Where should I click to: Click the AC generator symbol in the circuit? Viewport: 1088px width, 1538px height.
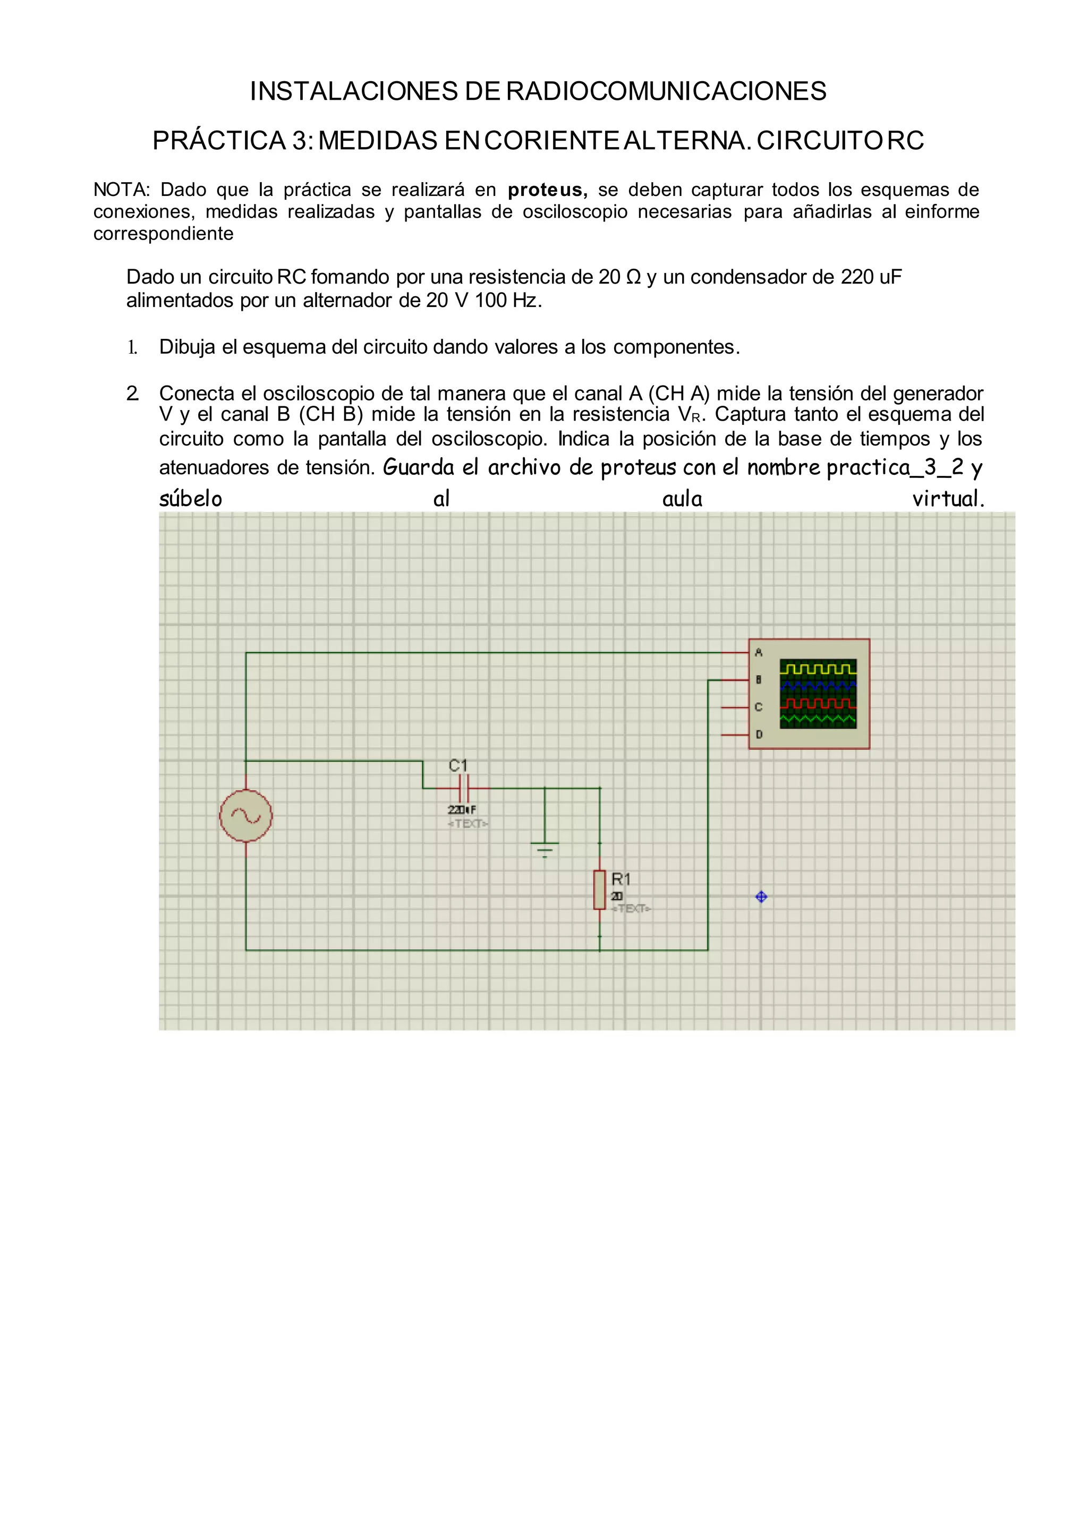click(x=246, y=815)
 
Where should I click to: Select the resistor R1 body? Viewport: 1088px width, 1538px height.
click(x=600, y=890)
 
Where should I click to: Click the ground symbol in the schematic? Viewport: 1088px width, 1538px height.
click(x=545, y=849)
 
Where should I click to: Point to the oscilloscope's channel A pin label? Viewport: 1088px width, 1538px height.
click(x=759, y=652)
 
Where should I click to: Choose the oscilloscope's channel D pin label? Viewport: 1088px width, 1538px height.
click(x=759, y=734)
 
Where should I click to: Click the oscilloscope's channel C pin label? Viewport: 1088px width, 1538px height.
click(x=759, y=707)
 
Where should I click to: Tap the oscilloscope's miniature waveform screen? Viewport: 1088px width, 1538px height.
click(x=818, y=693)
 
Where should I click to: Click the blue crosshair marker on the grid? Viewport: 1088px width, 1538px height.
click(x=761, y=897)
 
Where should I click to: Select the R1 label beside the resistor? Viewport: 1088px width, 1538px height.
click(x=621, y=878)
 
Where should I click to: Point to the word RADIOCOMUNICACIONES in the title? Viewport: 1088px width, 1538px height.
click(x=666, y=91)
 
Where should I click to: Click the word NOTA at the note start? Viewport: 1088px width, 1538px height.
click(x=120, y=190)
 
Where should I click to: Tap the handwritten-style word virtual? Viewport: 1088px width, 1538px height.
click(x=948, y=498)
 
